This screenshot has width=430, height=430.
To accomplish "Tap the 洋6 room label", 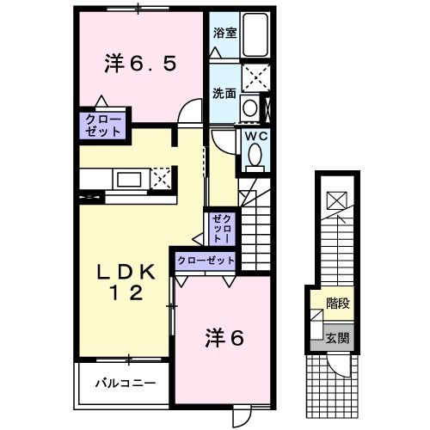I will [224, 338].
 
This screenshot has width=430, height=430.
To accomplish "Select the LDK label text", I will [126, 273].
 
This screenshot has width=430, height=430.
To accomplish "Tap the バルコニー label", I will [126, 383].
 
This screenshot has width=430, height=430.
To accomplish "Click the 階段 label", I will [337, 303].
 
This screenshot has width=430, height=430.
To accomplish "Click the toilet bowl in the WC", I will [255, 156].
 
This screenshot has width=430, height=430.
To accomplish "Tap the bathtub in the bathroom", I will [255, 37].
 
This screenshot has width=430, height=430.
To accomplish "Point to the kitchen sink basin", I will [130, 180].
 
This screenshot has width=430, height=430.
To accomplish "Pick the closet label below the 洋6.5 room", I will [103, 125].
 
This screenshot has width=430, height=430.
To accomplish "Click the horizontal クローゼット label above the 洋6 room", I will [206, 260].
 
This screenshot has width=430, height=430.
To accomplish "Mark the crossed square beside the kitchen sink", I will [162, 180].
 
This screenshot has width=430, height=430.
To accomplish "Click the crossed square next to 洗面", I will [255, 77].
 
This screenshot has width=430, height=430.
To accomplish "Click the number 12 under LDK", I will [126, 293].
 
